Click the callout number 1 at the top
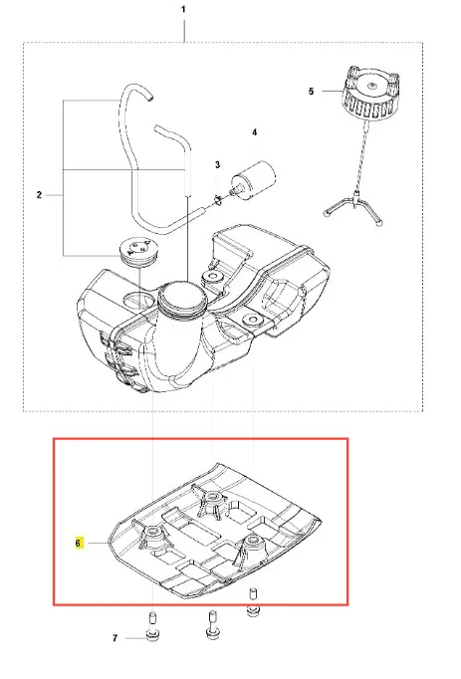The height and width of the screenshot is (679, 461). [x=183, y=9]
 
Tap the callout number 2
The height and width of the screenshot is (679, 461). [x=39, y=195]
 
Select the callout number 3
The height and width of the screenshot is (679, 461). [x=217, y=164]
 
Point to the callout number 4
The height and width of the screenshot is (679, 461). [x=254, y=132]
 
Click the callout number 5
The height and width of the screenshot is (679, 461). [x=311, y=92]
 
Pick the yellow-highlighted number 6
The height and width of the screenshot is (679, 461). [x=78, y=543]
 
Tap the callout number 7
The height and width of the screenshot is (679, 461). [x=115, y=638]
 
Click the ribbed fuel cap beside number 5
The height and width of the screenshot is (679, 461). [x=370, y=93]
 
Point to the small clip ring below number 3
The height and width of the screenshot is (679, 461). [x=218, y=200]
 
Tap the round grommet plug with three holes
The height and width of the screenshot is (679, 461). [x=136, y=250]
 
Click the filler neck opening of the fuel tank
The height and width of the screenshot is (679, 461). [x=180, y=296]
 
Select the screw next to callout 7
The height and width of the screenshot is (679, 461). [x=152, y=628]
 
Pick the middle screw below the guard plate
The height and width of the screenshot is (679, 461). [x=212, y=625]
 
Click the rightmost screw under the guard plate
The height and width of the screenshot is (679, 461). [x=253, y=602]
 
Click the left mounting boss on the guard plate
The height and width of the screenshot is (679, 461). [x=152, y=535]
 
